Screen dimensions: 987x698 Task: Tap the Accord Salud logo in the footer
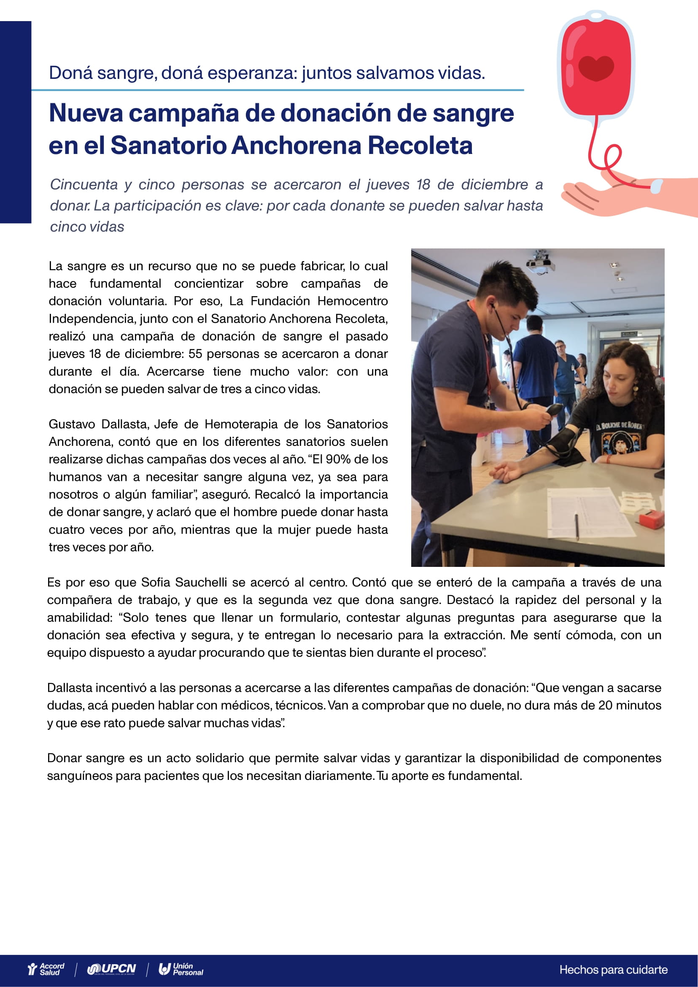pos(46,969)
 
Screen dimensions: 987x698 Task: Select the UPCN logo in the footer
pos(111,969)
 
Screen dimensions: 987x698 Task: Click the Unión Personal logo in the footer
pos(181,969)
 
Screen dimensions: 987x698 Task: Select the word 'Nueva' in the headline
pos(86,113)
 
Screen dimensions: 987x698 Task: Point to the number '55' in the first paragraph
pos(195,354)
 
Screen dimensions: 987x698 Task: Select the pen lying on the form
pos(577,527)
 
